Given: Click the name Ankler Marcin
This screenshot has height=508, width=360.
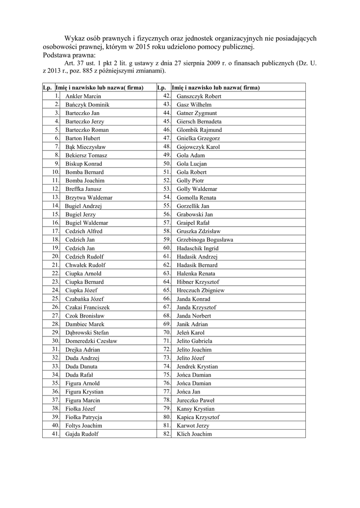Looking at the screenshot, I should click(83, 96).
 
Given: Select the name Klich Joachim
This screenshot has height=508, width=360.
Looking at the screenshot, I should click(194, 434).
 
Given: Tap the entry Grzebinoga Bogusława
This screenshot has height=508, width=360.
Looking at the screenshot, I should click(205, 240).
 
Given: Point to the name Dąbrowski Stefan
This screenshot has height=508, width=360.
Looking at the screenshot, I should click(87, 332).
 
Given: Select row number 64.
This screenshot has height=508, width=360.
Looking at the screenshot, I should click(166, 282).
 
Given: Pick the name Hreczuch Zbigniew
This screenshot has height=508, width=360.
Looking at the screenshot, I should click(200, 290).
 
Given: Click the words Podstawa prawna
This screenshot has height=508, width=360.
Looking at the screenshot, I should click(69, 55).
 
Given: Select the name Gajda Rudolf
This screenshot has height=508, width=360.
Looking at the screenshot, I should click(81, 434).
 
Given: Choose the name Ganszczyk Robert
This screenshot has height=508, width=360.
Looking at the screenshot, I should click(199, 96).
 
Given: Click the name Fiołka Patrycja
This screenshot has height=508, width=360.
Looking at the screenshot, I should click(83, 417).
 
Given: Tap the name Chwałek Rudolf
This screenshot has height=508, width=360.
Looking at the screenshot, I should click(85, 265).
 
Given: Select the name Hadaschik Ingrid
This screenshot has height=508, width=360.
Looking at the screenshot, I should click(197, 248).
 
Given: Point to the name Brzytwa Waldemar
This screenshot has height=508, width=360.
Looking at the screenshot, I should click(88, 197).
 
